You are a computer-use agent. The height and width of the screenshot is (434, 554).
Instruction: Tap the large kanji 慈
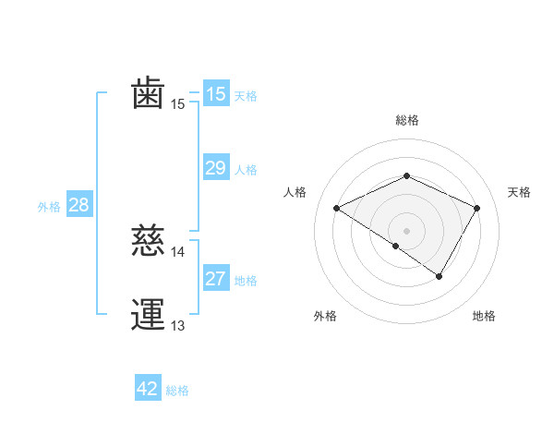click(x=149, y=241)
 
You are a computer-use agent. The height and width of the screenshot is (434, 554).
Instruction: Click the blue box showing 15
click(x=215, y=94)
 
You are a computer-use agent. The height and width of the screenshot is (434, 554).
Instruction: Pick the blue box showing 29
click(x=215, y=168)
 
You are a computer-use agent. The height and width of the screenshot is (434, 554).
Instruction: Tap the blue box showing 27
click(x=215, y=279)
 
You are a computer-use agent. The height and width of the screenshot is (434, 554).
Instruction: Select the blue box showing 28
click(x=78, y=205)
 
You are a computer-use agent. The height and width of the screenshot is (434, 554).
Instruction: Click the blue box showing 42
click(x=148, y=389)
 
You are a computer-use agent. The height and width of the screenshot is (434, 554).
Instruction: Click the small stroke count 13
click(x=178, y=326)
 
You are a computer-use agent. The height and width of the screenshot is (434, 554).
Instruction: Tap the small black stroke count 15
click(x=178, y=104)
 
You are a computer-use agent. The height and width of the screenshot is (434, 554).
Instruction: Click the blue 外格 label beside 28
click(x=49, y=207)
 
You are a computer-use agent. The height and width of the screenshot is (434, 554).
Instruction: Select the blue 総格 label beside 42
click(x=177, y=391)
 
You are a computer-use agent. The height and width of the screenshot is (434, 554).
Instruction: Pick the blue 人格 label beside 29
click(x=246, y=170)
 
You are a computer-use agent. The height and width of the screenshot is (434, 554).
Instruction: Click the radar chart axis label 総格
click(x=406, y=120)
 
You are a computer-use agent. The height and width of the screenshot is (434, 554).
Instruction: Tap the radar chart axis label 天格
click(x=519, y=192)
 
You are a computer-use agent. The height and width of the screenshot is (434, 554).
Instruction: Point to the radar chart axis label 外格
click(x=324, y=316)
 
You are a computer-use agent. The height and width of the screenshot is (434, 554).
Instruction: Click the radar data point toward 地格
click(x=440, y=276)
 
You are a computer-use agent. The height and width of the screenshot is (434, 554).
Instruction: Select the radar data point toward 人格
click(x=337, y=209)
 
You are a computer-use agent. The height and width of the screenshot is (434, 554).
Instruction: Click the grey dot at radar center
click(x=406, y=230)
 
